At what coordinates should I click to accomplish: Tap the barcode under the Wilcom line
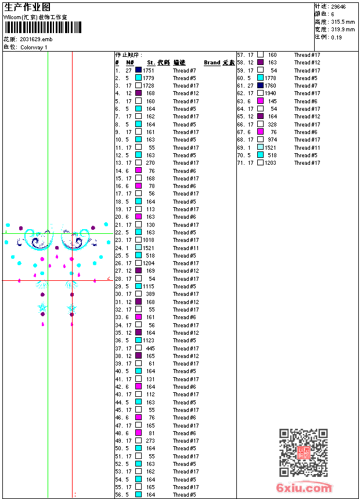pos(44,28)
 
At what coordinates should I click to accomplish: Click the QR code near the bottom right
pos(304,453)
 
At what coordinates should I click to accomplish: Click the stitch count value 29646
pos(339,7)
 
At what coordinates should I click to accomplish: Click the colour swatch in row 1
pos(139,70)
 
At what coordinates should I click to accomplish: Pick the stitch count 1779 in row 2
pos(149,78)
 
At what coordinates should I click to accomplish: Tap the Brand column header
pos(212,63)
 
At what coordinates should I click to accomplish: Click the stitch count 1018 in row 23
pos(149,240)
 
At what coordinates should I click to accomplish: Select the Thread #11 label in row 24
pos(185,248)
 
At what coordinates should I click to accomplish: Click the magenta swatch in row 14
pos(139,171)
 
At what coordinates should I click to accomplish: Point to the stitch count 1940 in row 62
pos(271,93)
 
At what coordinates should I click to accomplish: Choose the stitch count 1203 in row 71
pos(271,163)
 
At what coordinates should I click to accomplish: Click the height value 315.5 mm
pos(343,22)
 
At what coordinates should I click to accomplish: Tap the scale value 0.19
pos(336,37)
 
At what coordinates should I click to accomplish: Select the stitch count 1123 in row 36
pos(149,341)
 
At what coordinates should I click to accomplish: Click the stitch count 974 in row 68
pos(272,140)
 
